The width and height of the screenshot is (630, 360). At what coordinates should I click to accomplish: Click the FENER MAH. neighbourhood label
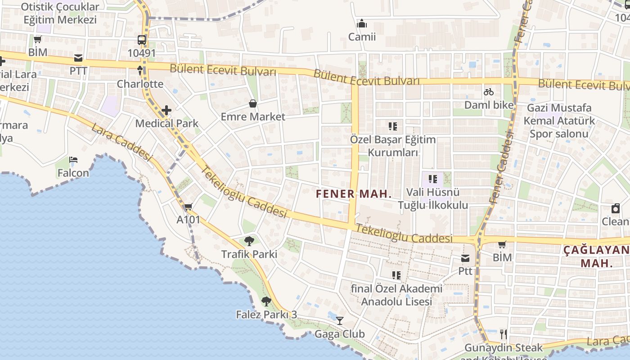click(353, 194)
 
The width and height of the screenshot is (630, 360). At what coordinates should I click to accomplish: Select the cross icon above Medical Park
click(166, 110)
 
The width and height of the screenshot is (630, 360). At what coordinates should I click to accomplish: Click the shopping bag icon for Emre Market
click(253, 103)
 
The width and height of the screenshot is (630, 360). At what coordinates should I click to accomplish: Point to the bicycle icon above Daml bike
click(489, 92)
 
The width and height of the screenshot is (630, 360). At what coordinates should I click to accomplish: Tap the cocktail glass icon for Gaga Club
click(340, 321)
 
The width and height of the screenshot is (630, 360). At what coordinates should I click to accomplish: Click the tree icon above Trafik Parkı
click(249, 241)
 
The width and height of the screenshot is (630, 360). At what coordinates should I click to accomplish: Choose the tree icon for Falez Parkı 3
click(266, 301)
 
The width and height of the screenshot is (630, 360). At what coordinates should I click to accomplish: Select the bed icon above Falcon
click(73, 160)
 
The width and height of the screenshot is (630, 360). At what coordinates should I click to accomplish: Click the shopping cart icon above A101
click(188, 207)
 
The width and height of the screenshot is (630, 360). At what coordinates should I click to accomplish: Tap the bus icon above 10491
click(142, 40)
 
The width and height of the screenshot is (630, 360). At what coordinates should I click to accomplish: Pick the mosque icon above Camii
click(362, 23)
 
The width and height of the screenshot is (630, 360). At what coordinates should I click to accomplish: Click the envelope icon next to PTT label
click(78, 58)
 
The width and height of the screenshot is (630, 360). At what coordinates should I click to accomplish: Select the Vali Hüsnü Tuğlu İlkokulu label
click(433, 199)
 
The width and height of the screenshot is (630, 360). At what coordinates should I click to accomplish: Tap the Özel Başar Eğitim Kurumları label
click(393, 146)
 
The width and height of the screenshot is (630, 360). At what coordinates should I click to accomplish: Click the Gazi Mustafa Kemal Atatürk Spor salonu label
click(559, 121)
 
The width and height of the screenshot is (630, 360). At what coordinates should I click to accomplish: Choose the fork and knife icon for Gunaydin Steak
click(504, 334)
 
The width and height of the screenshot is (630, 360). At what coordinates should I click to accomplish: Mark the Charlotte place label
click(140, 84)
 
